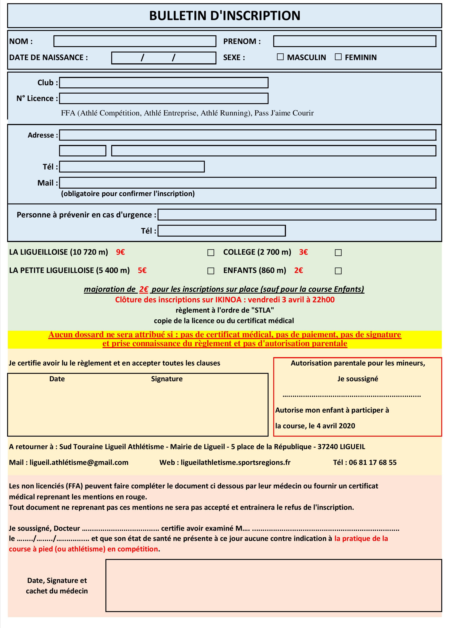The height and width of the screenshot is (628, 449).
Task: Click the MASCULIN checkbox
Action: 280,57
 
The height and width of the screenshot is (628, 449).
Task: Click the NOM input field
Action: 135,41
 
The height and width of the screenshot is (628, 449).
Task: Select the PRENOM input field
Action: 354,41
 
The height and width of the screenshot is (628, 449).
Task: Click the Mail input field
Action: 247,183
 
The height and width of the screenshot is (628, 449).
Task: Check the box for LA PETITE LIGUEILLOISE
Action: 211,271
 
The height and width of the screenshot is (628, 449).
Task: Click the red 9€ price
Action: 120,252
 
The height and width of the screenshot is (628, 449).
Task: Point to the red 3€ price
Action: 303,252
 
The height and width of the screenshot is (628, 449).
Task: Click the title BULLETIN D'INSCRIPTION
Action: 224,16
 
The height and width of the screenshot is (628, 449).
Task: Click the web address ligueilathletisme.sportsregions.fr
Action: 235,462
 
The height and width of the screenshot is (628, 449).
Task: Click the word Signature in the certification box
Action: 167,379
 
